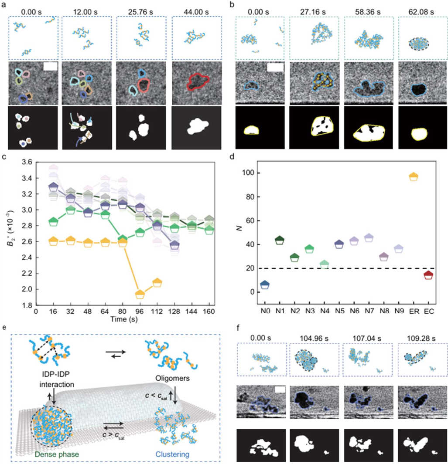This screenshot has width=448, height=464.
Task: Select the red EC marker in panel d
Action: (428, 275)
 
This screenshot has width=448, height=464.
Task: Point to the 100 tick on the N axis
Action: (249, 173)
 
